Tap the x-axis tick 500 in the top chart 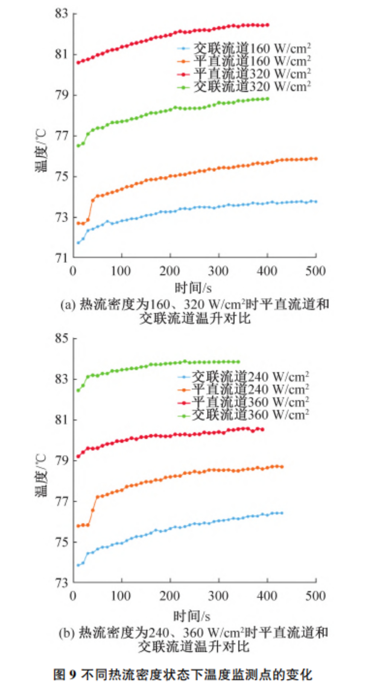tap(315, 271)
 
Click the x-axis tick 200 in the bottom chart tap(170, 596)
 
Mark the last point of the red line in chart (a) tap(267, 25)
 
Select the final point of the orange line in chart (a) tap(316, 159)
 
